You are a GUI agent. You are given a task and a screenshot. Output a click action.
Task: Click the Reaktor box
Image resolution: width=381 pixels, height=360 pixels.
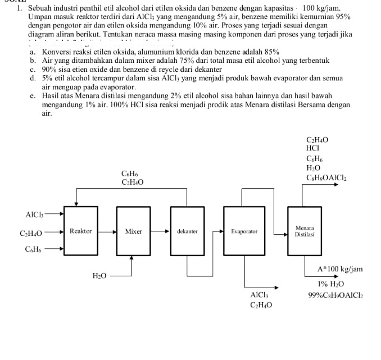80,231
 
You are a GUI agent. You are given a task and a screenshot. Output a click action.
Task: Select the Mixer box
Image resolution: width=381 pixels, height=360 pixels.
133,231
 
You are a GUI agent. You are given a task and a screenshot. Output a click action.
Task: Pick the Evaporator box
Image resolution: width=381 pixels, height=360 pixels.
244,231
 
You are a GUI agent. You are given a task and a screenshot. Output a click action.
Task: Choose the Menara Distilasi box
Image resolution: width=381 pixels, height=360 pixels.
304,231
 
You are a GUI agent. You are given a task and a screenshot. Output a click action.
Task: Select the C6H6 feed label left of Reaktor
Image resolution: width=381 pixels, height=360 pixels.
33,249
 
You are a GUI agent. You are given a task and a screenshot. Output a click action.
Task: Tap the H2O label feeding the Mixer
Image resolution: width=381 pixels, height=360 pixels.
99,275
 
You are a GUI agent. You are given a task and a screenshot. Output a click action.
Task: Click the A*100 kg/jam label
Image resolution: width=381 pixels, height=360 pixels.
340,269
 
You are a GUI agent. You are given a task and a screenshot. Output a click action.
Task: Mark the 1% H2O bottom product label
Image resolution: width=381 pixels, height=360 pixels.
330,284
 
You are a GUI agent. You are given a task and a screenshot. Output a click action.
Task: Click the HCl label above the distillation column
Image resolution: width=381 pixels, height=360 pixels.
312,148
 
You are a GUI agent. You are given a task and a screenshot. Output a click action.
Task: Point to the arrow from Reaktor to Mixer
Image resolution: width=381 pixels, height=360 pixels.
106,231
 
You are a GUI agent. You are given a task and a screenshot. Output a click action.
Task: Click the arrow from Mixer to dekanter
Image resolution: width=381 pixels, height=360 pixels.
160,231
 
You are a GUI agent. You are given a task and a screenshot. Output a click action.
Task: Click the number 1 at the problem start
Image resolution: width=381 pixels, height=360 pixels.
19,9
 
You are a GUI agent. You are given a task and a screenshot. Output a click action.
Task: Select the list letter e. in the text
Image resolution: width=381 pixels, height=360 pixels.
34,96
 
